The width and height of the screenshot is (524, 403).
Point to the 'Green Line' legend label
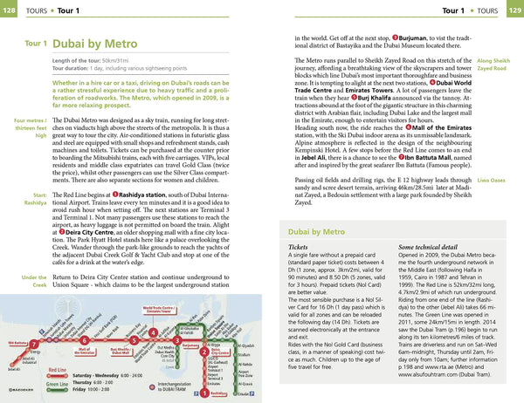[59, 384]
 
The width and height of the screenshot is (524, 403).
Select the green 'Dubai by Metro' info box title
[321, 232]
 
